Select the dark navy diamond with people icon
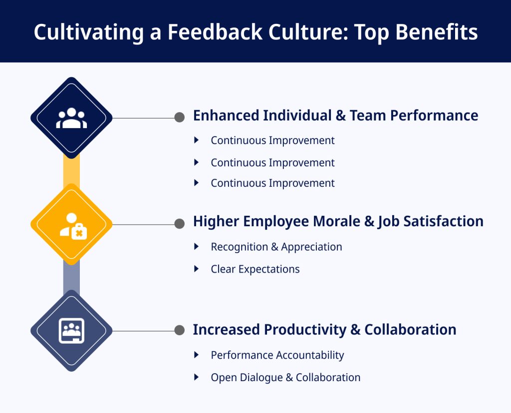71,118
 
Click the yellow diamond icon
71,225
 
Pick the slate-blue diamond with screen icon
71,330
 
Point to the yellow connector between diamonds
71,171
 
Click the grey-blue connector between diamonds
71,277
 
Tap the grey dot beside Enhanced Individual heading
180,118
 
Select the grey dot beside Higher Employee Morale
180,224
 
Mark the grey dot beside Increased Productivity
180,330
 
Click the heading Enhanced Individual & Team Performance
335,116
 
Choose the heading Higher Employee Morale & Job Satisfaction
338,221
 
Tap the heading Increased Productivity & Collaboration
324,330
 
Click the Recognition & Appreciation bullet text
276,247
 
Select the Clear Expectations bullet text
255,269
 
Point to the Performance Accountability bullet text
277,355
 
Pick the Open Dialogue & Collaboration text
285,378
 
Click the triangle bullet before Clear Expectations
197,269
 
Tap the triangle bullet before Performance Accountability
197,355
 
